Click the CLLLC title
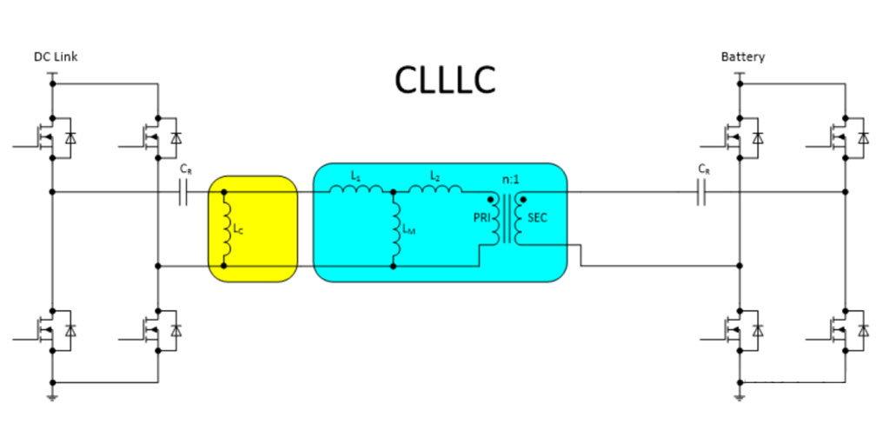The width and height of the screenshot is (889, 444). click(445, 81)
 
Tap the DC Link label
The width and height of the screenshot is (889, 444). click(56, 57)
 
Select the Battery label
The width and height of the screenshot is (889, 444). click(743, 57)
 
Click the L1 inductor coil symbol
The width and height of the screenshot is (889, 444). click(356, 189)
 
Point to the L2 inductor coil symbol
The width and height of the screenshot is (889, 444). click(435, 189)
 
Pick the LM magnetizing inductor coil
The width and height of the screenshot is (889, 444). click(396, 229)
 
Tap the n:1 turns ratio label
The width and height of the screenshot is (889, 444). click(510, 182)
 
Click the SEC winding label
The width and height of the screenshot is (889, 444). click(537, 218)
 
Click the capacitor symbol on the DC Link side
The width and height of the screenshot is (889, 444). click(183, 192)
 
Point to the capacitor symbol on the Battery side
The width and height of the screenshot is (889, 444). click(701, 192)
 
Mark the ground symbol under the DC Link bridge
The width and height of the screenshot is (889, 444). click(52, 397)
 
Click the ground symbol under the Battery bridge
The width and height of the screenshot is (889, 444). click(740, 397)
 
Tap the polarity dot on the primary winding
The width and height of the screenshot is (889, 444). click(490, 200)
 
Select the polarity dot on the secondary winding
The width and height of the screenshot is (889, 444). click(523, 200)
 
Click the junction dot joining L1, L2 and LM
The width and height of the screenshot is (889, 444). click(393, 192)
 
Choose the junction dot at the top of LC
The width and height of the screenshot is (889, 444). click(224, 192)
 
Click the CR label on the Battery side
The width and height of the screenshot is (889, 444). click(704, 169)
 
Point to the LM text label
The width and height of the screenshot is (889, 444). click(409, 229)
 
